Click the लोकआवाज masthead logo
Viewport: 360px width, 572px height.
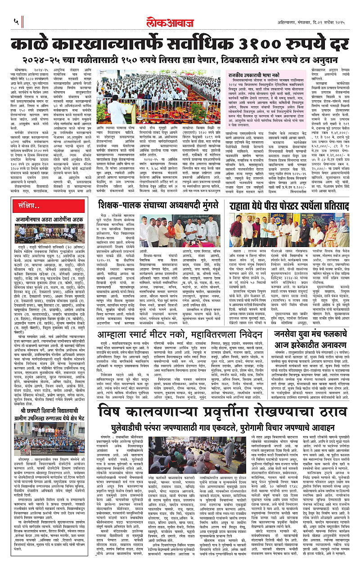tap(180, 22)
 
